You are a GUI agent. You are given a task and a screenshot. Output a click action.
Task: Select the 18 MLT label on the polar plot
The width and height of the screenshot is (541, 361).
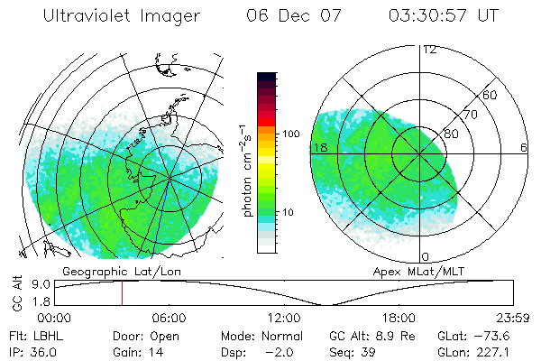(318, 147)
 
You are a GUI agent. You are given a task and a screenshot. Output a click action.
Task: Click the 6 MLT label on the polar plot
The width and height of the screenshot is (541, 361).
(523, 147)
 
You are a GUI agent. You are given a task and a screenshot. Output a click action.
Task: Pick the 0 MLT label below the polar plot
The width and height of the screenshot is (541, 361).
(426, 258)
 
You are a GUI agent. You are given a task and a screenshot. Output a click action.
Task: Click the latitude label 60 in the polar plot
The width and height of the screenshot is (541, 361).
(491, 95)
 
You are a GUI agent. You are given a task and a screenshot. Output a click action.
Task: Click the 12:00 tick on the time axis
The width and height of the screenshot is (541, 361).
(284, 318)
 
